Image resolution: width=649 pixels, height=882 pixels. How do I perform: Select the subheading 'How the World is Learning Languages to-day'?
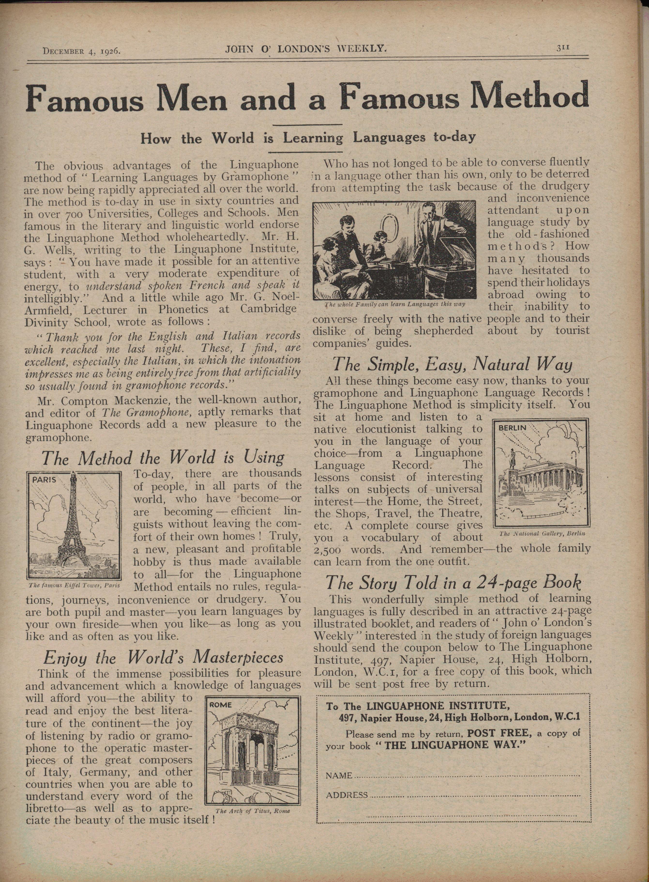(308, 138)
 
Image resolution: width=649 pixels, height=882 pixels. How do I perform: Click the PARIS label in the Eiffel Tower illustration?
(44, 479)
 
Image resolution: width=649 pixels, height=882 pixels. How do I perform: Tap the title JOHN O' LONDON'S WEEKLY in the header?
(304, 49)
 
